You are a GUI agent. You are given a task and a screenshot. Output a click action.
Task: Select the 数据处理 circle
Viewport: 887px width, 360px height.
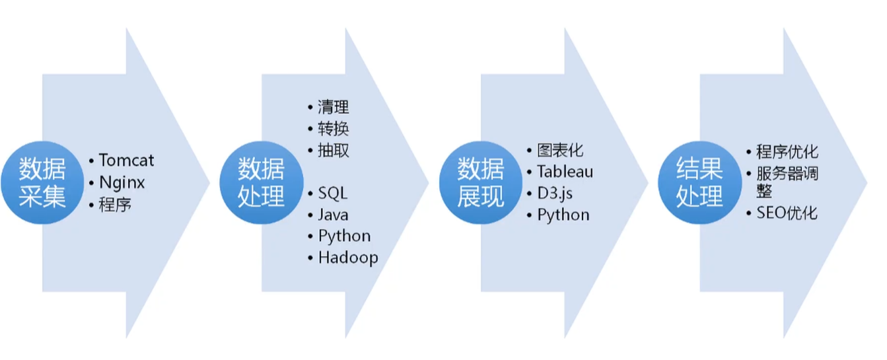tap(262, 182)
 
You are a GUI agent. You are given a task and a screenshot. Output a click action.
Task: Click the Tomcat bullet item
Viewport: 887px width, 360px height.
tap(126, 160)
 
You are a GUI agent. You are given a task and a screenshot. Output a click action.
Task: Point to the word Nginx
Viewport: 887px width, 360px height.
tap(122, 182)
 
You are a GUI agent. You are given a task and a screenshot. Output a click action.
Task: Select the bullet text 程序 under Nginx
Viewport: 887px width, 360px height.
tap(115, 204)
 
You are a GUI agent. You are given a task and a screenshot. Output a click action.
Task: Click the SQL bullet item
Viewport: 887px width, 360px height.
tap(332, 193)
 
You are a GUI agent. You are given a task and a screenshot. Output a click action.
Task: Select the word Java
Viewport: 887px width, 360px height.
tap(333, 215)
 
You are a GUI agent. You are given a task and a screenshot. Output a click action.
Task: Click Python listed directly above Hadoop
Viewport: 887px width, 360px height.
tap(344, 236)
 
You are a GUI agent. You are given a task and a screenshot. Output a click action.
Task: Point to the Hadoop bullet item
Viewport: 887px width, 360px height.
tap(347, 257)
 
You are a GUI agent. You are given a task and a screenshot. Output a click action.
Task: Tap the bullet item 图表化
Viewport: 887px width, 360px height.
tap(560, 151)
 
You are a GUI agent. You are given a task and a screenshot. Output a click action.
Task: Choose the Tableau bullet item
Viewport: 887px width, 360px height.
tap(565, 172)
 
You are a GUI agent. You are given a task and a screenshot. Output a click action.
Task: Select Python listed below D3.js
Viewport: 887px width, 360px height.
tap(563, 215)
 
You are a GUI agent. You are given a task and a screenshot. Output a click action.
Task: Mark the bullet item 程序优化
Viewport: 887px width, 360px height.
tap(787, 151)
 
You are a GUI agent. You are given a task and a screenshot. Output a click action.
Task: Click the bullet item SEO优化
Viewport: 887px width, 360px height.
tap(787, 213)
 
